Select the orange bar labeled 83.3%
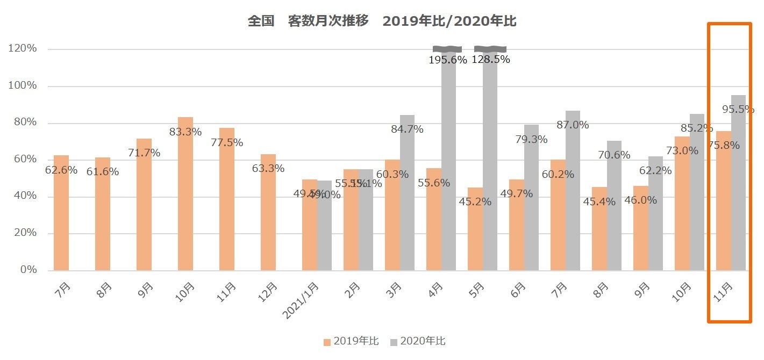(185, 193)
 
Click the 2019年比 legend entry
(351, 341)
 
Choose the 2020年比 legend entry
(418, 341)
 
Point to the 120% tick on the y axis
(23, 49)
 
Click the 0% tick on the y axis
(26, 270)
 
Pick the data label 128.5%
(490, 60)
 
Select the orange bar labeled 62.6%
(61, 212)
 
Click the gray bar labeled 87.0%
(573, 191)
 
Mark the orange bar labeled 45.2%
(475, 229)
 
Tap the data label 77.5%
(227, 143)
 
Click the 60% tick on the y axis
(23, 160)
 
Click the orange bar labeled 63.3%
(268, 212)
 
